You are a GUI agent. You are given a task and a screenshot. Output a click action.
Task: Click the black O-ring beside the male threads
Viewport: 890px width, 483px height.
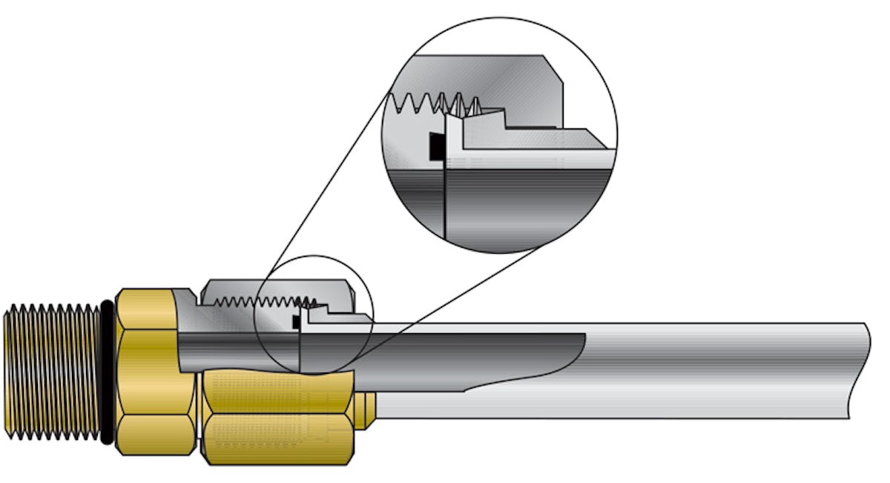tap(108, 371)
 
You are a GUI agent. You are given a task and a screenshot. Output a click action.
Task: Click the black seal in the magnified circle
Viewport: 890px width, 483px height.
tap(437, 146)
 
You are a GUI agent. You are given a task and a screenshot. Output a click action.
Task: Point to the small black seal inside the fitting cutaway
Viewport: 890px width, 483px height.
tap(297, 322)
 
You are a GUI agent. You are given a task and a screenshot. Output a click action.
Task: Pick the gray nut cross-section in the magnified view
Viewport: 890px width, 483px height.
tap(504, 82)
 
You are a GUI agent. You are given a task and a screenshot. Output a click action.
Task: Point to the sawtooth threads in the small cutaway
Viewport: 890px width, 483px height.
tap(260, 301)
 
